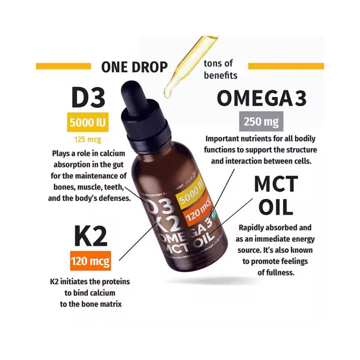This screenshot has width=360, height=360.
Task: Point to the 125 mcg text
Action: pos(88,139)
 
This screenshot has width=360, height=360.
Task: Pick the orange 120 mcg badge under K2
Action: pos(90,261)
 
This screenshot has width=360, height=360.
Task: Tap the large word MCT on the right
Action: pos(276,184)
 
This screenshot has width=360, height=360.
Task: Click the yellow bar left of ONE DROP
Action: pos(63,66)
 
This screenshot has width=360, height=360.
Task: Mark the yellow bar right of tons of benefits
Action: pos(286,66)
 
